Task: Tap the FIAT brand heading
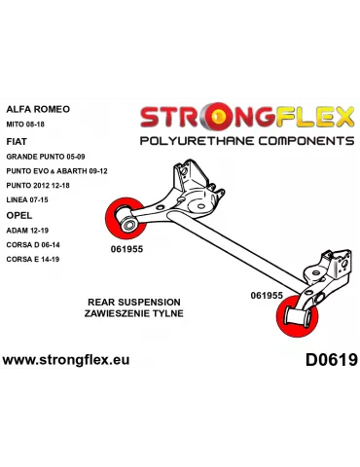17,139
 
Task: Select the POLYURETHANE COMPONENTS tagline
247,140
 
